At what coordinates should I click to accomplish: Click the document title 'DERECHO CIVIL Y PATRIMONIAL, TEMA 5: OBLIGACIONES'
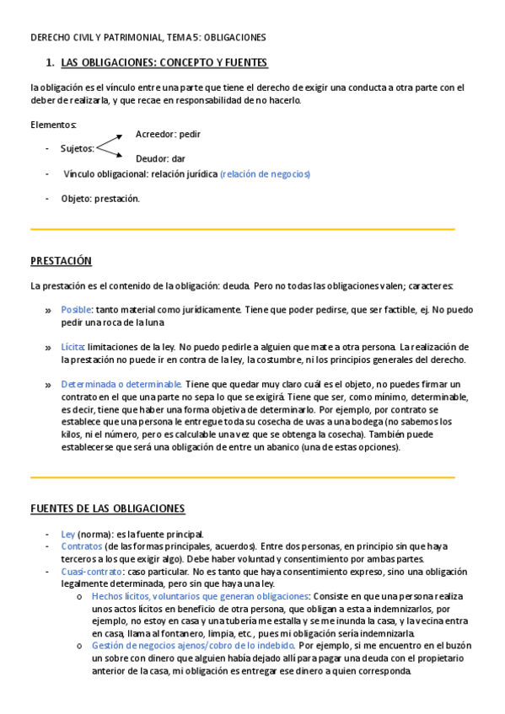[148, 38]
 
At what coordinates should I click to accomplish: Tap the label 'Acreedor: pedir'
[168, 134]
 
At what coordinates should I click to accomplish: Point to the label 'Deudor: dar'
[160, 158]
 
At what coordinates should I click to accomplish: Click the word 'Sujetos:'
[78, 148]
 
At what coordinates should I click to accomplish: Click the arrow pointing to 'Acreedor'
[114, 141]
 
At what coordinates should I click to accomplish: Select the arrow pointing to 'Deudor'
[114, 152]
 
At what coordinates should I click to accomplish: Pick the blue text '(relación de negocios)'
[265, 173]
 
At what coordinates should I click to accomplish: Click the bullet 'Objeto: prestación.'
[100, 199]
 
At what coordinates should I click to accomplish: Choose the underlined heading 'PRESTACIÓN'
[61, 261]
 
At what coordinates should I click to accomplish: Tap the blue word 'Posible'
[76, 310]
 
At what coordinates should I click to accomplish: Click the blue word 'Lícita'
[72, 347]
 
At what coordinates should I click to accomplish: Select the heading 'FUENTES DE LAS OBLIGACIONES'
[107, 509]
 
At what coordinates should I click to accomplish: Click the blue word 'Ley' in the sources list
[67, 535]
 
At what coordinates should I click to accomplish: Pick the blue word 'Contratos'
[81, 546]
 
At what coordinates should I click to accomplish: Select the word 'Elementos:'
[53, 125]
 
